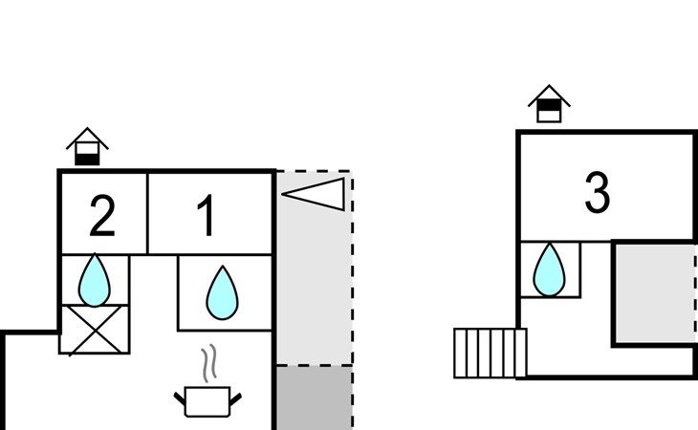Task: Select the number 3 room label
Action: (597, 193)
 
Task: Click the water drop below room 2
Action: (95, 280)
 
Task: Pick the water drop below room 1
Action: (221, 292)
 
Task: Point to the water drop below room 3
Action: (549, 269)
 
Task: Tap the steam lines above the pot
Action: (208, 364)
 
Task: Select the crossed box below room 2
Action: (94, 330)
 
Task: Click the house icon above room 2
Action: (87, 147)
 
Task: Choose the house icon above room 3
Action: (549, 104)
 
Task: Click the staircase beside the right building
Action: (490, 353)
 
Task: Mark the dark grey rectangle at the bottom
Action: (314, 398)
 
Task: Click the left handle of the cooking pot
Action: (179, 396)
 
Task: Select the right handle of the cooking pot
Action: (235, 396)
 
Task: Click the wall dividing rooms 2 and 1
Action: (147, 213)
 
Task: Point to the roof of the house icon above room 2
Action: (87, 137)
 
